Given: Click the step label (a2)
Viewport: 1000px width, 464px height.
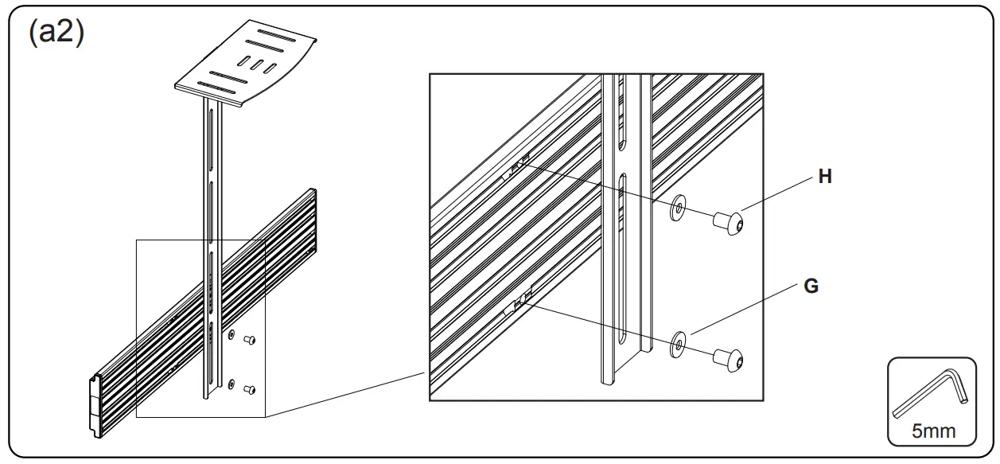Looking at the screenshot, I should tap(56, 33).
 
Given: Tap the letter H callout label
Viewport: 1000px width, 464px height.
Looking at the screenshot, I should tap(825, 177).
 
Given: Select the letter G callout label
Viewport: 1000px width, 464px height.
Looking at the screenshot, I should tap(811, 287).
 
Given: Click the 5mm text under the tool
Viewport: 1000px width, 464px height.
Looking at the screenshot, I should tap(933, 431).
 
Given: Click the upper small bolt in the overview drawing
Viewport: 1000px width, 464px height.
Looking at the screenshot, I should tap(249, 341).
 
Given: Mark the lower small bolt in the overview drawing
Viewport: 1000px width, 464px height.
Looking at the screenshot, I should tap(249, 390).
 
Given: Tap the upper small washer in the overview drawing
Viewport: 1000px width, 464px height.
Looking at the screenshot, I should tap(231, 336).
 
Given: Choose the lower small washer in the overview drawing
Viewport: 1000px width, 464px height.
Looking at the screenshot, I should tap(231, 385).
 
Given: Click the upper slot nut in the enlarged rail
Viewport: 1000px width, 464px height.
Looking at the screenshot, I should tap(519, 165).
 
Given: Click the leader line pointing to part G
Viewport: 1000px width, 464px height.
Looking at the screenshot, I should tap(748, 311).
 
